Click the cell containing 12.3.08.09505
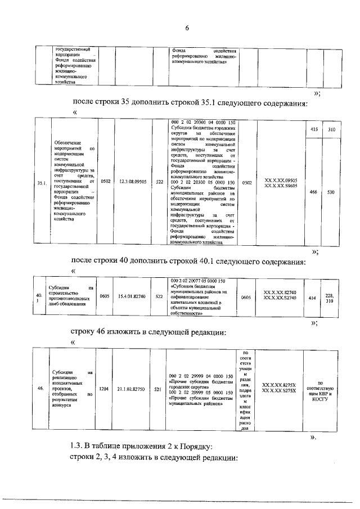click(133, 182)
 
